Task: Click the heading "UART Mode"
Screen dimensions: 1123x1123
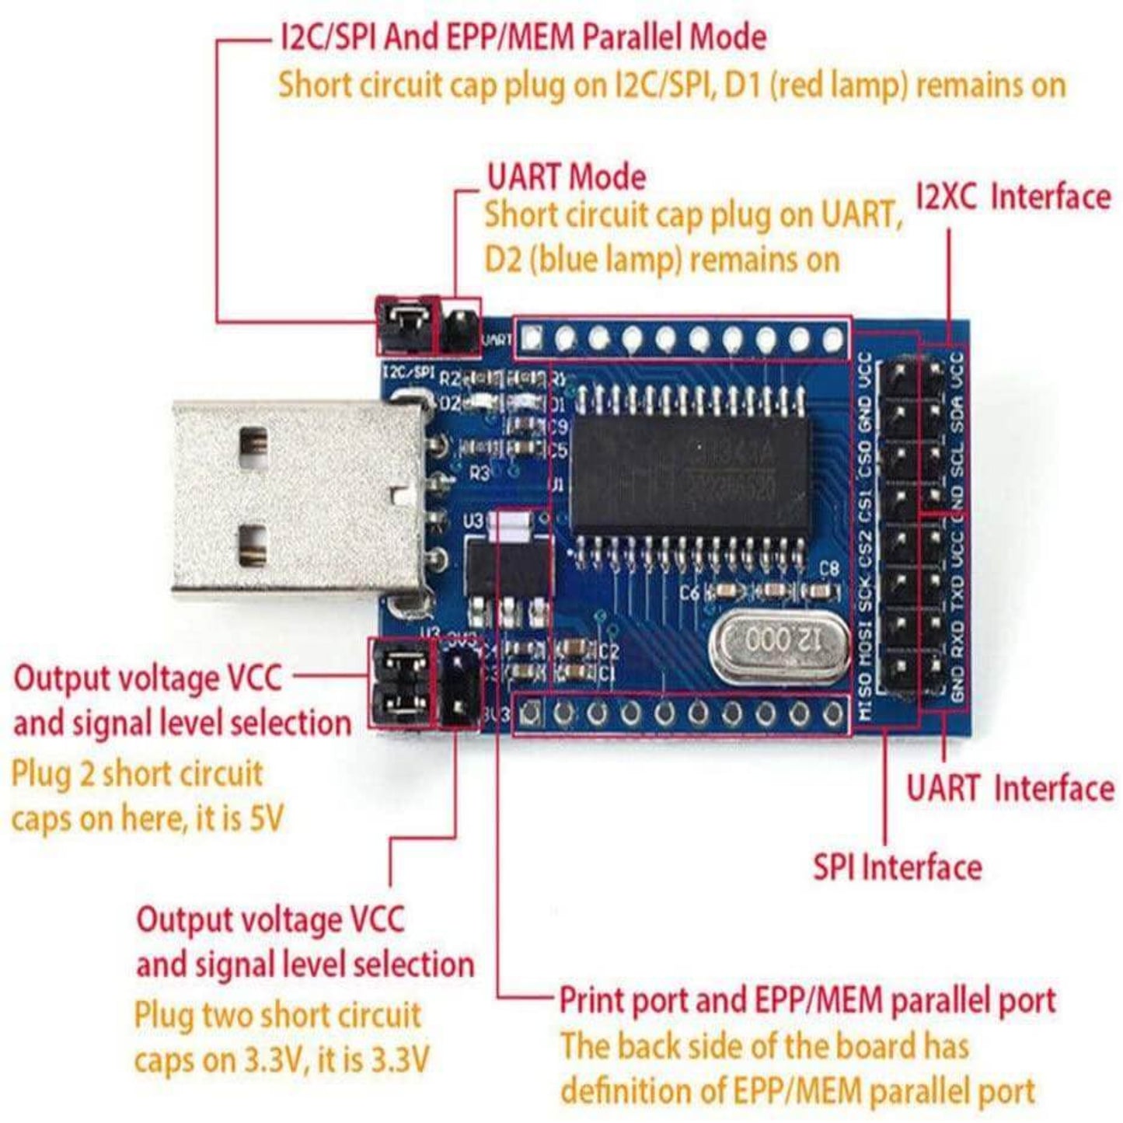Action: [566, 177]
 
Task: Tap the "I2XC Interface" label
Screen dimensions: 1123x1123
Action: [1013, 197]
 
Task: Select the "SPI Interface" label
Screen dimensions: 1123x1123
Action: [897, 867]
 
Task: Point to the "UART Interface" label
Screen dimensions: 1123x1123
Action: [1010, 788]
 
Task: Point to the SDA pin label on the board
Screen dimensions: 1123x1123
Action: [957, 413]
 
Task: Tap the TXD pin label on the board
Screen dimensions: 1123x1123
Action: [957, 594]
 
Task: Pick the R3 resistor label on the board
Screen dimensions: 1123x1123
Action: [480, 473]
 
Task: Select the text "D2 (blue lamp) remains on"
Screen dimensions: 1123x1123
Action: [661, 259]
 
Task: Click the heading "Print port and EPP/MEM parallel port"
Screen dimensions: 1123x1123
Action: [807, 999]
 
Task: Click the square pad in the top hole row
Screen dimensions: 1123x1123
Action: [532, 338]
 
